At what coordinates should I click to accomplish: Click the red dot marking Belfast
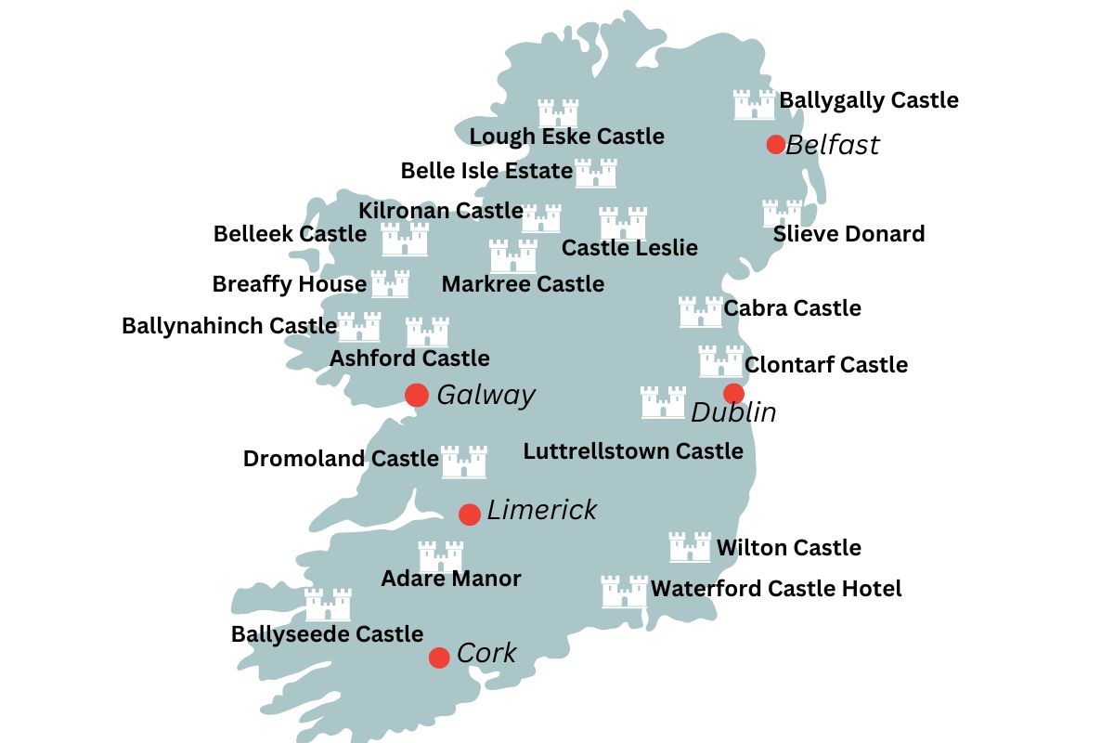pyautogui.click(x=776, y=144)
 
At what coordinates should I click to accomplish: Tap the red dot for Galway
pyautogui.click(x=417, y=395)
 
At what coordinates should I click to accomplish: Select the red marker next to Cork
pyautogui.click(x=439, y=658)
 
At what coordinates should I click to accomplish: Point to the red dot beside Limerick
pyautogui.click(x=470, y=514)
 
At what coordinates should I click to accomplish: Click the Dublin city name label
pyautogui.click(x=733, y=411)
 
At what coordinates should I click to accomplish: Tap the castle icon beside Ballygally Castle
pyautogui.click(x=754, y=105)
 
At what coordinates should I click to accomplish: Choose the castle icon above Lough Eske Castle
pyautogui.click(x=559, y=113)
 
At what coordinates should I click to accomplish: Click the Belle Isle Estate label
pyautogui.click(x=486, y=171)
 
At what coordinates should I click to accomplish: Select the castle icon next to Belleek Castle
pyautogui.click(x=405, y=240)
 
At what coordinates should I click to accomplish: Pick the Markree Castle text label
pyautogui.click(x=523, y=283)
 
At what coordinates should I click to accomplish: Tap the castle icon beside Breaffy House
pyautogui.click(x=390, y=283)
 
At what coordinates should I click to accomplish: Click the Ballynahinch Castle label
pyautogui.click(x=229, y=326)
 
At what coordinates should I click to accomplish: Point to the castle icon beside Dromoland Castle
pyautogui.click(x=463, y=462)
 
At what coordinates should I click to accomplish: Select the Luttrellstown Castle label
pyautogui.click(x=633, y=451)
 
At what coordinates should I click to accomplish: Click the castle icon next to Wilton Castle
pyautogui.click(x=690, y=548)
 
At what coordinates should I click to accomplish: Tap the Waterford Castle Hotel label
pyautogui.click(x=776, y=588)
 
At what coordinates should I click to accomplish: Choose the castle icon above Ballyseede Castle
pyautogui.click(x=328, y=605)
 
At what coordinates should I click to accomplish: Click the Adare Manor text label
pyautogui.click(x=451, y=579)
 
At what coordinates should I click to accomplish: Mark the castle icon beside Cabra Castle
pyautogui.click(x=700, y=312)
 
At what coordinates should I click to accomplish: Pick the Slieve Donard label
pyautogui.click(x=848, y=233)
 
